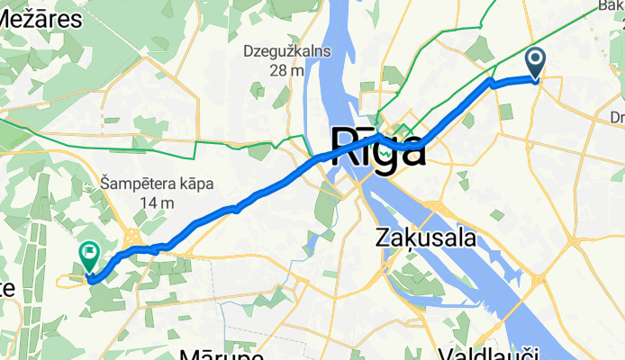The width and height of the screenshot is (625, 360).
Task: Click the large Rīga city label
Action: [x=378, y=146]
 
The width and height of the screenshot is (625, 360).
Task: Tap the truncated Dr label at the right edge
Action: [x=617, y=117]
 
